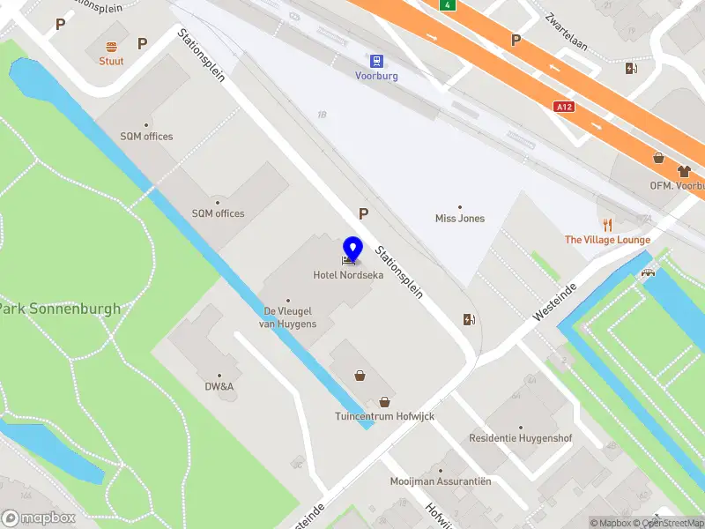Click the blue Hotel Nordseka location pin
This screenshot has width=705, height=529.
coord(352,250)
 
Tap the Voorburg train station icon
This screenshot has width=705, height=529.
coord(377,61)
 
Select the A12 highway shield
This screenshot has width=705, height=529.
coord(565,107)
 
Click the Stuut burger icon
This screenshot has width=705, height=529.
coord(111,47)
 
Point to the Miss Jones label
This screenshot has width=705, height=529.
coord(460,219)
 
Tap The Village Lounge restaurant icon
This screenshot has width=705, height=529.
coord(607,225)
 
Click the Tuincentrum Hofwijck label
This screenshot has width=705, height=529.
coord(384,416)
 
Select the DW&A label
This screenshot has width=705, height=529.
coord(219,386)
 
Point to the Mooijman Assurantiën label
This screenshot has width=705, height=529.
coord(441,481)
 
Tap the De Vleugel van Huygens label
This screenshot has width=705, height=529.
coord(287,317)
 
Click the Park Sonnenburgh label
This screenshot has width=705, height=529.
coord(60,309)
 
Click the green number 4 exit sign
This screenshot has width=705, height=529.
coord(449,5)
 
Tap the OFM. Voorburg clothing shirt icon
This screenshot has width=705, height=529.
coord(683,171)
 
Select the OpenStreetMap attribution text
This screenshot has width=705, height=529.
coord(670,523)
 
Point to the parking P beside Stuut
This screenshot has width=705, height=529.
coord(142,43)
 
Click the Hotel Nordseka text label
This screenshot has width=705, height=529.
coord(348,275)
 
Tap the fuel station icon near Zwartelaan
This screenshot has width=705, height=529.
coord(631,69)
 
